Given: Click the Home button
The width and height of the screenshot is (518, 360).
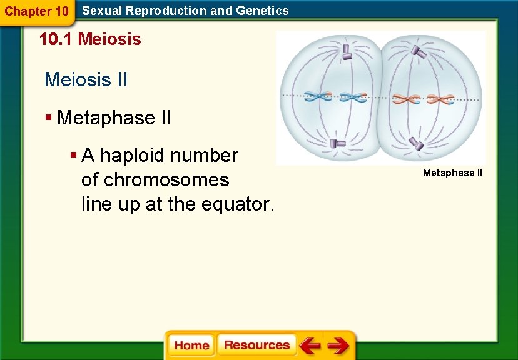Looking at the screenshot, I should (x=191, y=346).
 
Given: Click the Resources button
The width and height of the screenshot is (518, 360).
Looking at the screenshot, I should (x=256, y=346).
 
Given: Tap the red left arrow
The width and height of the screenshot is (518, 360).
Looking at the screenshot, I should (x=309, y=346).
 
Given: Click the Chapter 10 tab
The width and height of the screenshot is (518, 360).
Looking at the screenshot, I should (x=37, y=11).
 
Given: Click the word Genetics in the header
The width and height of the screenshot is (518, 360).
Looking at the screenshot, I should (x=263, y=11).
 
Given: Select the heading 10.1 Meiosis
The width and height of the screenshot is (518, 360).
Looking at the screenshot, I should (x=90, y=39).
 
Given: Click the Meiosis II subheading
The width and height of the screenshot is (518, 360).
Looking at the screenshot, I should (x=86, y=79).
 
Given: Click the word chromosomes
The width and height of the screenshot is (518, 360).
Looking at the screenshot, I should (x=166, y=180).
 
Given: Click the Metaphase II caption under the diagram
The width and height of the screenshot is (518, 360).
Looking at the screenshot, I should (x=452, y=172).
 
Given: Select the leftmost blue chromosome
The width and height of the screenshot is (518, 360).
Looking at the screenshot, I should (x=318, y=97).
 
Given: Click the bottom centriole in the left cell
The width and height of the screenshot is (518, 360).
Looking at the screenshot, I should (x=338, y=144).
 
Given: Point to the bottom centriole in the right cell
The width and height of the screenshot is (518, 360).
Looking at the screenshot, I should (x=417, y=144).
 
